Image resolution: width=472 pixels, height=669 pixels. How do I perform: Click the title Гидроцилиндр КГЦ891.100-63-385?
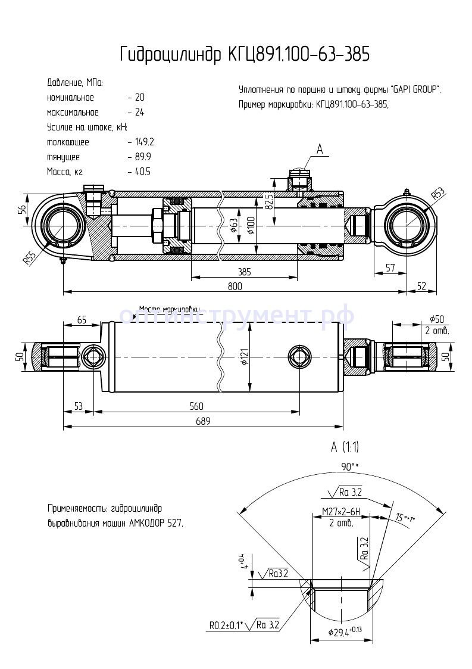click(245, 54)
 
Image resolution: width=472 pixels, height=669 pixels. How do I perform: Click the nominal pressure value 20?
click(140, 97)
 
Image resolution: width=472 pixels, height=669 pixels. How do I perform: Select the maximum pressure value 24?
click(140, 112)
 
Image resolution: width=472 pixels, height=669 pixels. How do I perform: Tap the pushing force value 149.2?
click(143, 142)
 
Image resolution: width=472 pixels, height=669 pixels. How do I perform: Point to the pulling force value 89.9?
click(142, 157)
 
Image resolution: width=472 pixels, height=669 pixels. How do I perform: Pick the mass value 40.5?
click(142, 172)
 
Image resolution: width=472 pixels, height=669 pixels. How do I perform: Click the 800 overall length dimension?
click(235, 286)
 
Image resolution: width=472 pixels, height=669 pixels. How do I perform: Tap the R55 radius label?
click(28, 258)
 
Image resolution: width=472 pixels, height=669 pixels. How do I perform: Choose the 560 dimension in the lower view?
click(196, 406)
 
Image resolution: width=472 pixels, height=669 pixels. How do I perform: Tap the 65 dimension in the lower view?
click(82, 320)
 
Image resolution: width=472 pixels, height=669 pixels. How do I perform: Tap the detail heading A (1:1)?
click(345, 446)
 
